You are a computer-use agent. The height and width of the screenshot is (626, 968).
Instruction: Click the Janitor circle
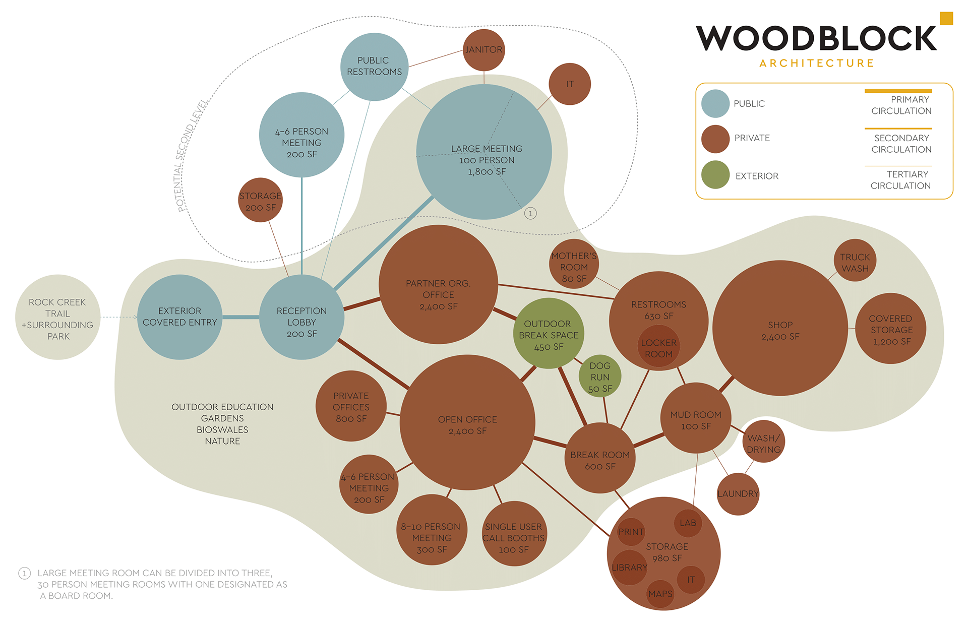[x=484, y=50]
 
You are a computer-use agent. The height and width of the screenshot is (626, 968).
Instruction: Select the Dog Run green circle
[x=600, y=377]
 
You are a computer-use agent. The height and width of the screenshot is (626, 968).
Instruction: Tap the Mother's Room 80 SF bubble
[x=574, y=264]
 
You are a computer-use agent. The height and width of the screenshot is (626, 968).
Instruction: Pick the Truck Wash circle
[x=855, y=260]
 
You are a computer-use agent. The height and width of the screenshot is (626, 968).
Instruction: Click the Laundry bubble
[x=738, y=494]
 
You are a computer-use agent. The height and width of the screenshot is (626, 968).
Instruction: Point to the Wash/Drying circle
[x=764, y=442]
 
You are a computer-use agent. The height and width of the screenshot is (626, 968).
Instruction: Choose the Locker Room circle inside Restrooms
[x=658, y=347]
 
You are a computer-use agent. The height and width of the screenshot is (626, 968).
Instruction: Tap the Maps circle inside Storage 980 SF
[x=660, y=594]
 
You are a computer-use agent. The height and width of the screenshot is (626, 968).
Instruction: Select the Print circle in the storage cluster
[x=631, y=532]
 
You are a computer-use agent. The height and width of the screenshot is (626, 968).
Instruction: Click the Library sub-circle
[x=629, y=568]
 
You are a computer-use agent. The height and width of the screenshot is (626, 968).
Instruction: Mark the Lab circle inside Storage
[x=688, y=523]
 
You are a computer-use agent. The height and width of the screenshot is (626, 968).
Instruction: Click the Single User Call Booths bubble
[x=514, y=534]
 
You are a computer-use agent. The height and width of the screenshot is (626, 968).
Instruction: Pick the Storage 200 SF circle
[x=260, y=200]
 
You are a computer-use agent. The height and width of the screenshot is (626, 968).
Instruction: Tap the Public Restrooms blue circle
[x=374, y=67]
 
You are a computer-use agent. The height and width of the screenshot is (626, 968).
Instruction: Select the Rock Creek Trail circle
[x=58, y=318]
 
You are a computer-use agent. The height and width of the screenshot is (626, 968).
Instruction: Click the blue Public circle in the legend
[x=715, y=104]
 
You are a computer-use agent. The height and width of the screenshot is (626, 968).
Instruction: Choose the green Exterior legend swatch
[x=715, y=175]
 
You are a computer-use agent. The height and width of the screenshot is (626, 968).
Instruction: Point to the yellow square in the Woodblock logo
[x=946, y=19]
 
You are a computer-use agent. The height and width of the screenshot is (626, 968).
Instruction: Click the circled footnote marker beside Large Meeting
[x=530, y=213]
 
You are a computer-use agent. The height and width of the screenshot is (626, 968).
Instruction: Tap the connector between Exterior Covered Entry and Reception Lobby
[x=240, y=317]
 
